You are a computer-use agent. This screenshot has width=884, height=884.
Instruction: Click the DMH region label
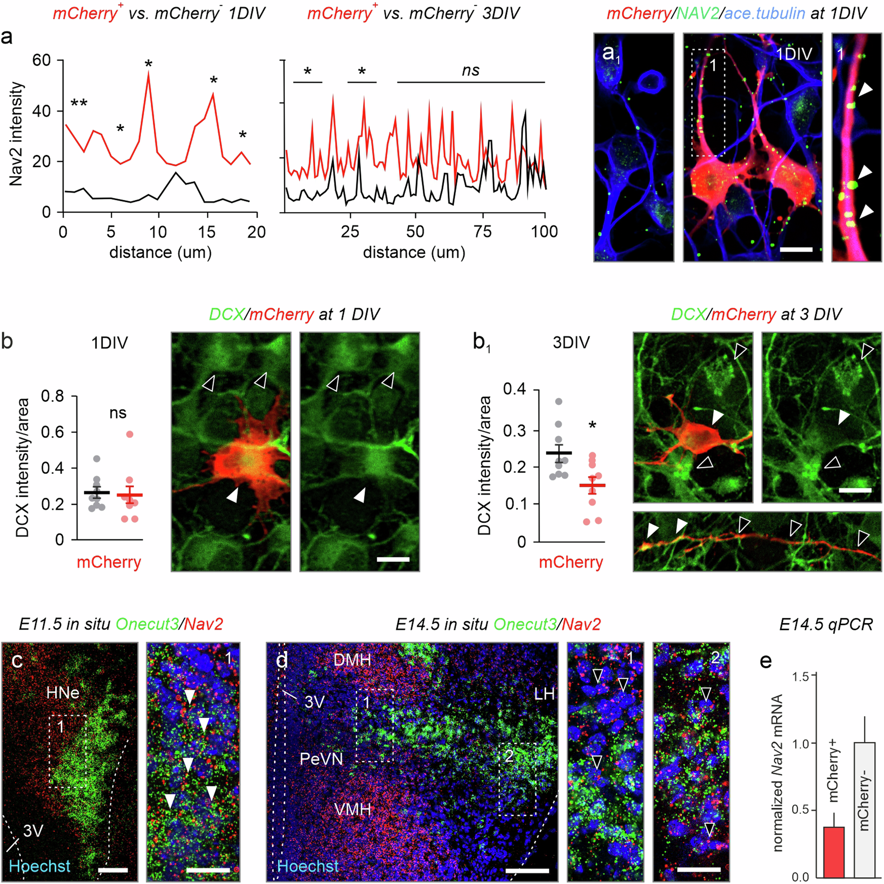point(352,660)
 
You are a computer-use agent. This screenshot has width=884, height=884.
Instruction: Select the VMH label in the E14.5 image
point(353,810)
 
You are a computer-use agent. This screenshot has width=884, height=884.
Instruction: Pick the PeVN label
point(321,759)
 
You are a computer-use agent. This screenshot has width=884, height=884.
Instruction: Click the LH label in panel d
point(544,694)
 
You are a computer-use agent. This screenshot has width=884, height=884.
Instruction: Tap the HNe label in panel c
point(63,693)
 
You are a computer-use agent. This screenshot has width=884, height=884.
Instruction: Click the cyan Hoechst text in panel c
point(40,866)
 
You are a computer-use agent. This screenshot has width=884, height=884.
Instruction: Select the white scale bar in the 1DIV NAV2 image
point(796,250)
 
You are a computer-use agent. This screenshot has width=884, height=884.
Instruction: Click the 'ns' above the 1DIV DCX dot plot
point(118,413)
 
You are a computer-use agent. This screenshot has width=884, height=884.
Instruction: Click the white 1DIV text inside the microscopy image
point(794,54)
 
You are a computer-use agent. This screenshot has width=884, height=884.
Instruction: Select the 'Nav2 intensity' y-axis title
point(16,133)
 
